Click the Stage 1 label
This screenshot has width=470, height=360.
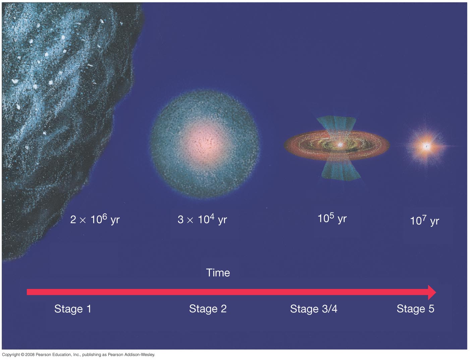73,309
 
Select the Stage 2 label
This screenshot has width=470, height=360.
208,309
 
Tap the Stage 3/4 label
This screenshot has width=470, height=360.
314,309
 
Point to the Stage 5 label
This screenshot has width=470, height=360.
415,309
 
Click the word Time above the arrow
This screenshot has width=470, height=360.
218,273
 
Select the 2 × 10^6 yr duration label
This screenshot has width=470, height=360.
95,220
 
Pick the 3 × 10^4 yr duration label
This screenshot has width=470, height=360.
202,220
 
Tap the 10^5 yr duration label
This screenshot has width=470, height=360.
332,219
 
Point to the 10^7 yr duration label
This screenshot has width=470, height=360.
424,221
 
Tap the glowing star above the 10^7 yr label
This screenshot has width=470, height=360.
426,146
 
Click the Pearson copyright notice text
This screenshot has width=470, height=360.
78,355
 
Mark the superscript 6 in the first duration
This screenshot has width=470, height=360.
105,216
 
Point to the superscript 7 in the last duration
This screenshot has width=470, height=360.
424,218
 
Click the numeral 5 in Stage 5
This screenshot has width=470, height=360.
431,309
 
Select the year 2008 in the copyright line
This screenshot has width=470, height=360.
30,355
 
